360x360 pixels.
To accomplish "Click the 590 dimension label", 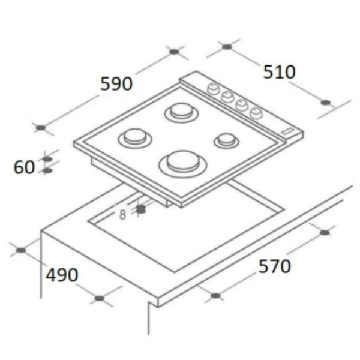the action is (x=116, y=84).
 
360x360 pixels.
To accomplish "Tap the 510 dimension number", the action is (x=279, y=73).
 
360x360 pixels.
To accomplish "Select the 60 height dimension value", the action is (x=24, y=167).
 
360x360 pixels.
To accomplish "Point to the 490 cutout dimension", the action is (x=62, y=275).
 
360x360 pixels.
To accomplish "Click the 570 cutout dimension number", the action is (x=275, y=266).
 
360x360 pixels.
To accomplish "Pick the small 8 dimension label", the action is (x=123, y=215).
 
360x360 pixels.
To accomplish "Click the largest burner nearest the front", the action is (x=183, y=164).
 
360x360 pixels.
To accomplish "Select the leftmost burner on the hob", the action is (x=135, y=138).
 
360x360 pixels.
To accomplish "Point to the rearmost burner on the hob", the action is (x=181, y=112).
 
